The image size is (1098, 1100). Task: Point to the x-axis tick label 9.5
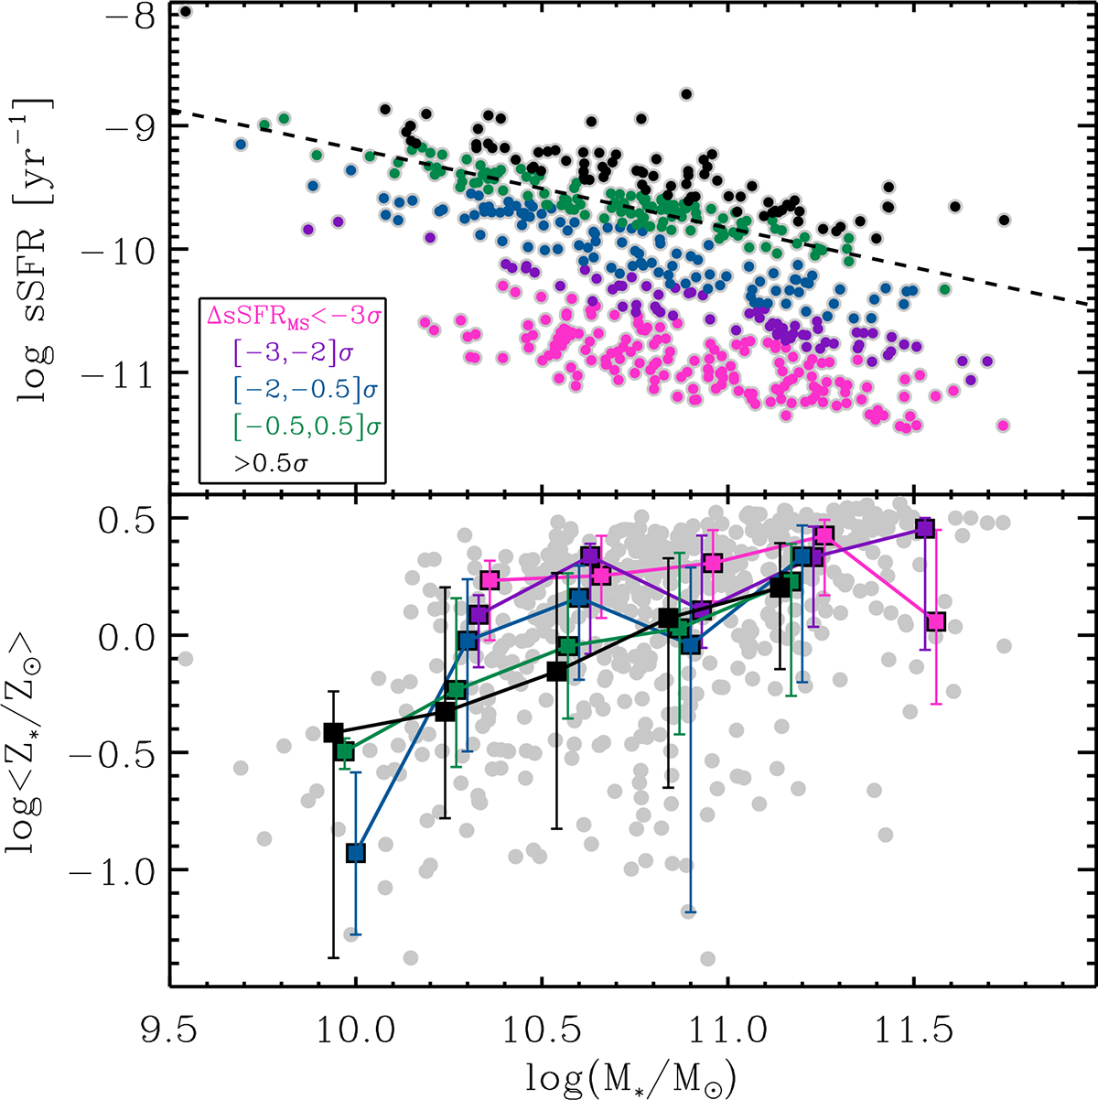[x=169, y=1031]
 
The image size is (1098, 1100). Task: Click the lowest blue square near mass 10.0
[x=355, y=853]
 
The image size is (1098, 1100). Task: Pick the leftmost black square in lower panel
[x=333, y=733]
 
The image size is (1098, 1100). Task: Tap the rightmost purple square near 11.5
[x=925, y=528]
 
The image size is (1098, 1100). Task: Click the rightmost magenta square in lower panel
[x=935, y=622]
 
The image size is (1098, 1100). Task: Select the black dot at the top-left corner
[x=186, y=11]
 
